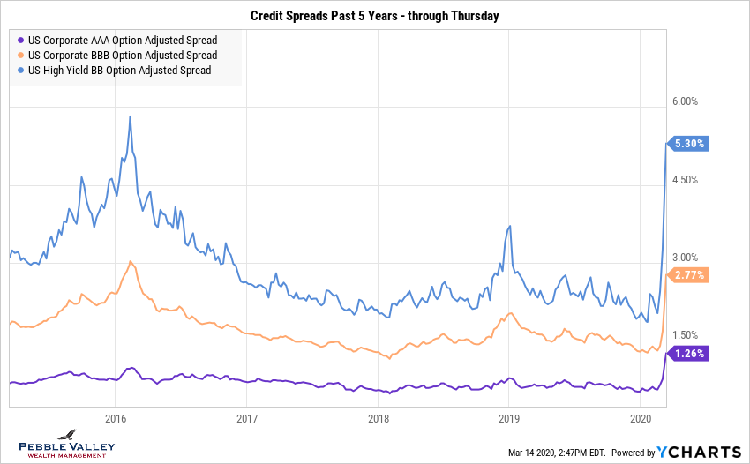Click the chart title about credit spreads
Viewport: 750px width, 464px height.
pyautogui.click(x=374, y=16)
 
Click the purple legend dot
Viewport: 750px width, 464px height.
pyautogui.click(x=20, y=41)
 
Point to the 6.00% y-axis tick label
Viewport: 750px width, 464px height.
pyautogui.click(x=685, y=101)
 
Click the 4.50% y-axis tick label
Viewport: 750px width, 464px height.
pyautogui.click(x=685, y=180)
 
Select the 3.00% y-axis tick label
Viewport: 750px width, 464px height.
pyautogui.click(x=685, y=258)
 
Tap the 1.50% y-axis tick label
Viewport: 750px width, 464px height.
pyautogui.click(x=685, y=335)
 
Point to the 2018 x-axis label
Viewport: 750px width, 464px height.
pyautogui.click(x=379, y=418)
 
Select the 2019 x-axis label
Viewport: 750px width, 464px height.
pyautogui.click(x=509, y=418)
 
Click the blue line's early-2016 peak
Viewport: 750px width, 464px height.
pyautogui.click(x=131, y=116)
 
